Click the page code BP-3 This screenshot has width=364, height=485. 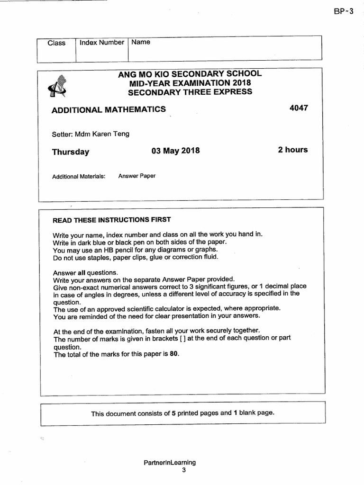coord(344,12)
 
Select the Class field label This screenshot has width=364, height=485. coord(56,43)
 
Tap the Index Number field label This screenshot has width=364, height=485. coord(102,43)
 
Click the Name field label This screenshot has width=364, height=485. coord(141,42)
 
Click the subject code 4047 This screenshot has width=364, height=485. coord(299,108)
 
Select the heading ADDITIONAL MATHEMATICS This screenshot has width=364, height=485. coord(109,109)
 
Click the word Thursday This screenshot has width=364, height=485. coord(71,152)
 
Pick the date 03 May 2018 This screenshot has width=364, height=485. coord(175,151)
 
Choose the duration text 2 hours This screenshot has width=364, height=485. coord(292,150)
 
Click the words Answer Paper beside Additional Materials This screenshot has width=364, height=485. coord(137,176)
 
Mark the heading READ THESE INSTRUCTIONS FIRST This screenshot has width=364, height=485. coord(111,220)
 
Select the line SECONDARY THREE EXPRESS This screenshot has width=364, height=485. coord(190,91)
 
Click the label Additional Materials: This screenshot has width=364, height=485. coord(78,176)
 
